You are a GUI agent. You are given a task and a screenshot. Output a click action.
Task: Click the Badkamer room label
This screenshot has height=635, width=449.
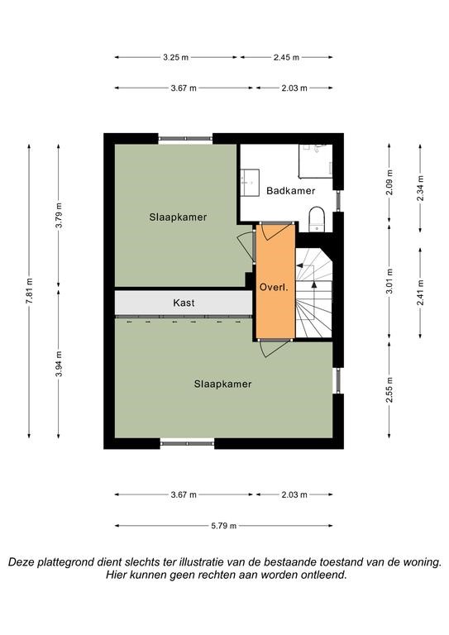coord(290,191)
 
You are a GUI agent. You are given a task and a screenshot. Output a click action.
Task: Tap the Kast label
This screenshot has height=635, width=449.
coord(184,303)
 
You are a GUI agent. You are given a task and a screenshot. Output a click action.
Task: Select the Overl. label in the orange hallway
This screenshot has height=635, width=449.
coord(274,288)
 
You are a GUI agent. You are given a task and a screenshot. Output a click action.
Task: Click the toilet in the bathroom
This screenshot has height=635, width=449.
coord(317,219)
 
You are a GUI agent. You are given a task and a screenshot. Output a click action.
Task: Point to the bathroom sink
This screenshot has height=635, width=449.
coord(250,183)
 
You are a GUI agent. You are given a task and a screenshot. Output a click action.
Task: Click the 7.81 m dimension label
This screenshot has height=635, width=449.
coord(29,291)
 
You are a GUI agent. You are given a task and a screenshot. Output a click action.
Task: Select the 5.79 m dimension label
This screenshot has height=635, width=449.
coord(224,526)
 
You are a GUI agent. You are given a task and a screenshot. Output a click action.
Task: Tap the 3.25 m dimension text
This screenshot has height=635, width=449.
coord(175,58)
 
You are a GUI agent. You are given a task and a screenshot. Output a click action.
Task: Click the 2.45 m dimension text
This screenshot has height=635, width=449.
coord(286,58)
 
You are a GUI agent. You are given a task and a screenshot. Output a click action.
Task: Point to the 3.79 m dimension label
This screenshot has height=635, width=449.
coord(59,215)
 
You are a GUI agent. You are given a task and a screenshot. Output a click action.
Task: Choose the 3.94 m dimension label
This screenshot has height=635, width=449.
coord(59,364)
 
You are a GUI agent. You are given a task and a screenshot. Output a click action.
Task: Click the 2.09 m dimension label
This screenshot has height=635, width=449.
coord(389,182)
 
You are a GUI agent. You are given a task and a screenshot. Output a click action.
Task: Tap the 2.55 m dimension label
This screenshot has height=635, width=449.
coord(389,389)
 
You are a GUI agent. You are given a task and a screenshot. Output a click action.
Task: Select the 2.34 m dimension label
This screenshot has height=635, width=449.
coord(420,188)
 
